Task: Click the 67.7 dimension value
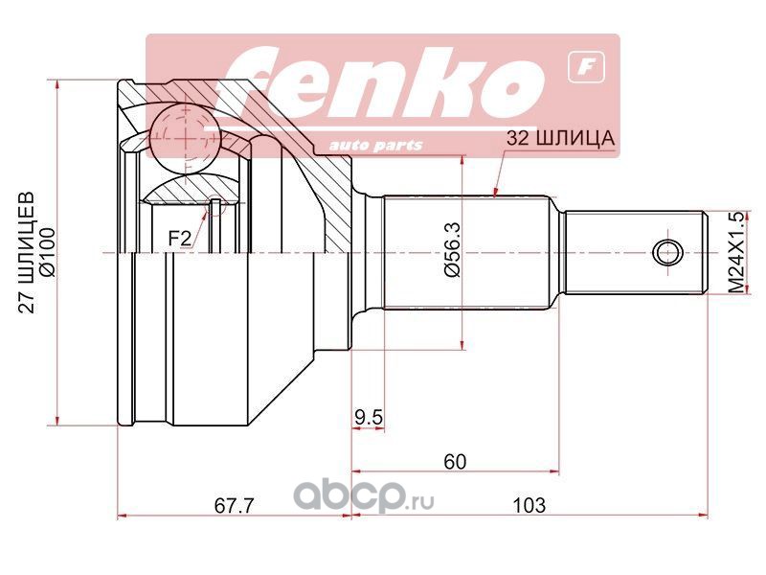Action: pos(233,504)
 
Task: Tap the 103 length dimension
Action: pos(529,504)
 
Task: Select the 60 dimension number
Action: pos(454,461)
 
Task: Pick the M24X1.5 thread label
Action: pos(735,252)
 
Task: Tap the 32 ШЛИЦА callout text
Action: pos(560,139)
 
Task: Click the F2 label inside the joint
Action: pos(179,238)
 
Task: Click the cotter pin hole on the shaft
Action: pos(667,252)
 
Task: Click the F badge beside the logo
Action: pos(580,67)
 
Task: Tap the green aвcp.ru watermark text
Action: pos(364,497)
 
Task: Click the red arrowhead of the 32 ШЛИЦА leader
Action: pos(494,193)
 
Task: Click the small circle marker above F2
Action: pos(217,205)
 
